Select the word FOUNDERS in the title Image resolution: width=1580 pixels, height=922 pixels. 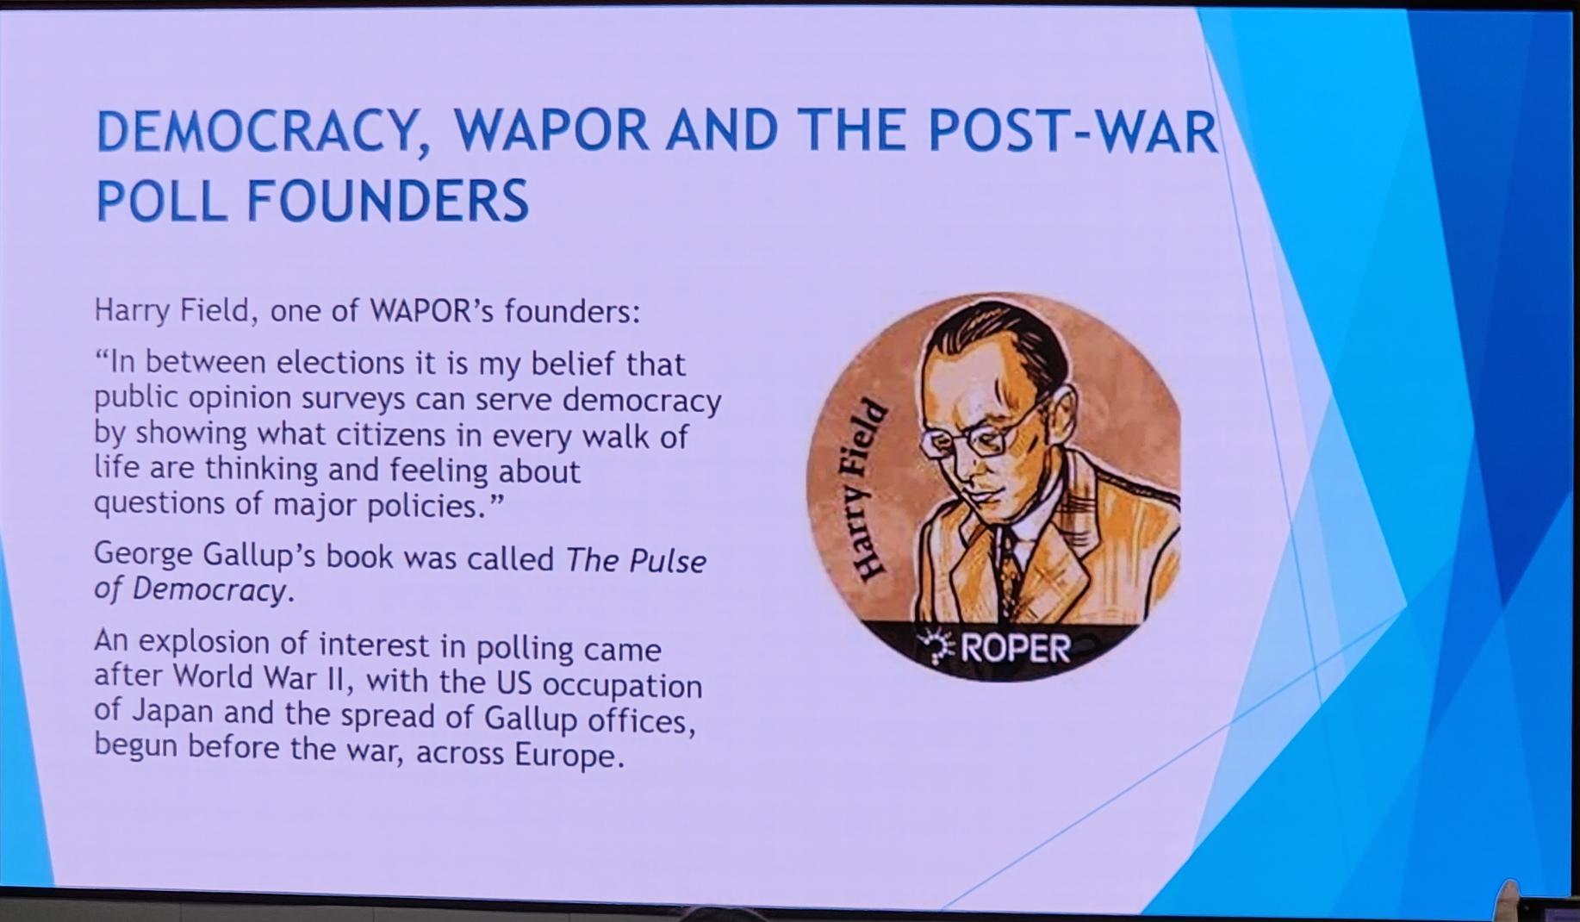coord(388,201)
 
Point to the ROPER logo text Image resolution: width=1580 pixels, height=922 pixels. coord(1015,647)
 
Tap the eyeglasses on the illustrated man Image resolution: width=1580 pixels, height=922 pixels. coord(978,435)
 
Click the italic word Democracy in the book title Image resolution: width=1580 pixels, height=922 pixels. coord(208,589)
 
